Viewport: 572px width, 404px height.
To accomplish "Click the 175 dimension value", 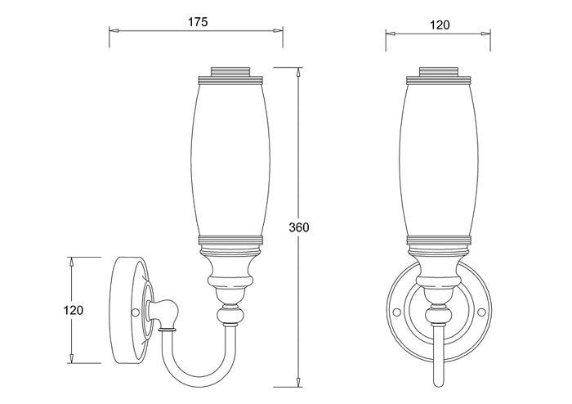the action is pos(198,22).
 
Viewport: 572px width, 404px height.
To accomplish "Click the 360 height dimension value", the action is pos(299,227).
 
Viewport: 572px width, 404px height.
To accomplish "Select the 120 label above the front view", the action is pos(440,25).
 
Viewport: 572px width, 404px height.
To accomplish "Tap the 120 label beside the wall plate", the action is pos(74,310).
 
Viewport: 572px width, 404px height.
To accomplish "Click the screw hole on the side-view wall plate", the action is pos(135,312).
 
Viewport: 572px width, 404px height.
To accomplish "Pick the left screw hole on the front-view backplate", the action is pos(396,312).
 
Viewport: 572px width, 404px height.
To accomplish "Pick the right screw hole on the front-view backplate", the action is pos(481,312).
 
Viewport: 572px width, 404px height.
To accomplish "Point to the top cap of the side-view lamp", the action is pos(230,71).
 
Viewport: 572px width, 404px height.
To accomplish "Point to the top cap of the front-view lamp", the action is pos(439,71).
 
